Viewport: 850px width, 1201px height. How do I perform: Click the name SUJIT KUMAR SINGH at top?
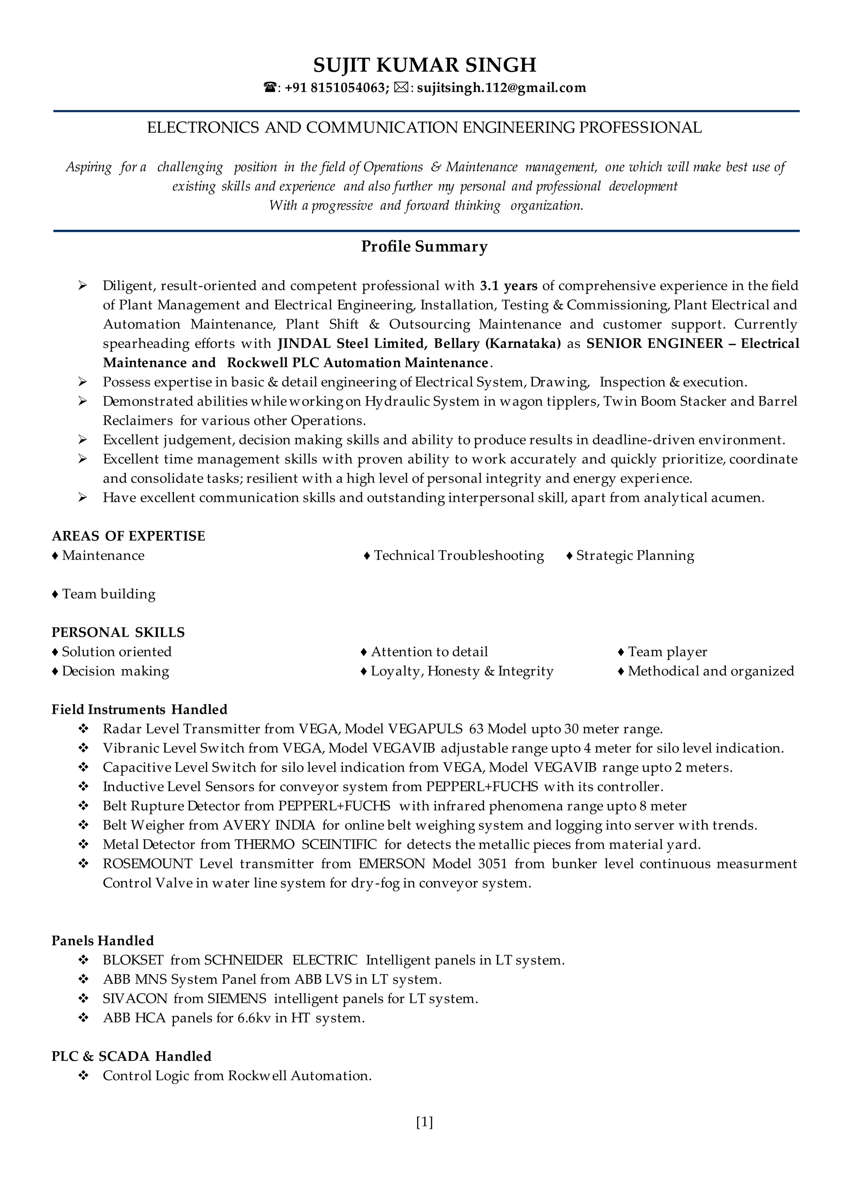click(x=425, y=65)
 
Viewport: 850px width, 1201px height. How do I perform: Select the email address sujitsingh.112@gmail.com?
click(x=501, y=88)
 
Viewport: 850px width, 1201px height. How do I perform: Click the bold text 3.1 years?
click(x=508, y=286)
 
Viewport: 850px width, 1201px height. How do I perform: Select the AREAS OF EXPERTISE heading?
click(x=128, y=536)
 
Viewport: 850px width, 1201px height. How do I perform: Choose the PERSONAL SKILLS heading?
click(x=118, y=632)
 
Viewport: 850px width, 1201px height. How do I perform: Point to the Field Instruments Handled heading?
click(x=139, y=710)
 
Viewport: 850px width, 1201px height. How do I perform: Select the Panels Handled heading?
click(x=103, y=941)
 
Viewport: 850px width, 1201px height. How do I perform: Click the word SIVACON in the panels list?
click(x=135, y=999)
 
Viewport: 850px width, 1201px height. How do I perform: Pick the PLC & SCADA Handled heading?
click(x=132, y=1056)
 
